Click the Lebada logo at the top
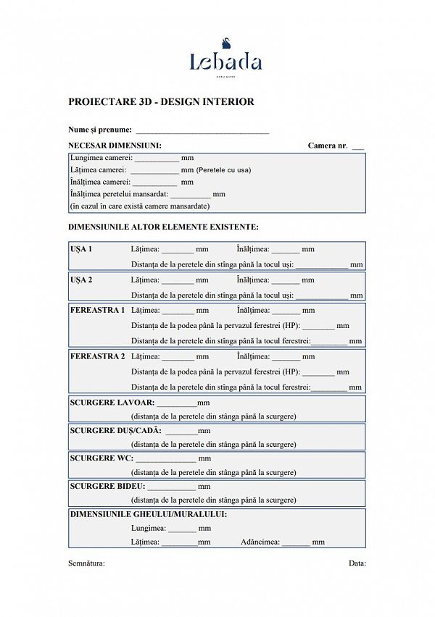225,61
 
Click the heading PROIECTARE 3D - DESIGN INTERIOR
161,102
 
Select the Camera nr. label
328,146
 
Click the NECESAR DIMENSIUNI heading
115,146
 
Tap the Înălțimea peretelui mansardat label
119,194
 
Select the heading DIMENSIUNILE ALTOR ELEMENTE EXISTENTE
163,227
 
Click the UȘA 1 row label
81,249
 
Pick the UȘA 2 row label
81,280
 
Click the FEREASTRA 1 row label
97,310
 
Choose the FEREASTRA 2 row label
97,356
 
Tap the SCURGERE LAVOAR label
112,402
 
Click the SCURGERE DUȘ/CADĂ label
116,430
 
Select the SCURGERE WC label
101,458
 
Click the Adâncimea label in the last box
260,542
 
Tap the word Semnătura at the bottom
86,563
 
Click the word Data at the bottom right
357,563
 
